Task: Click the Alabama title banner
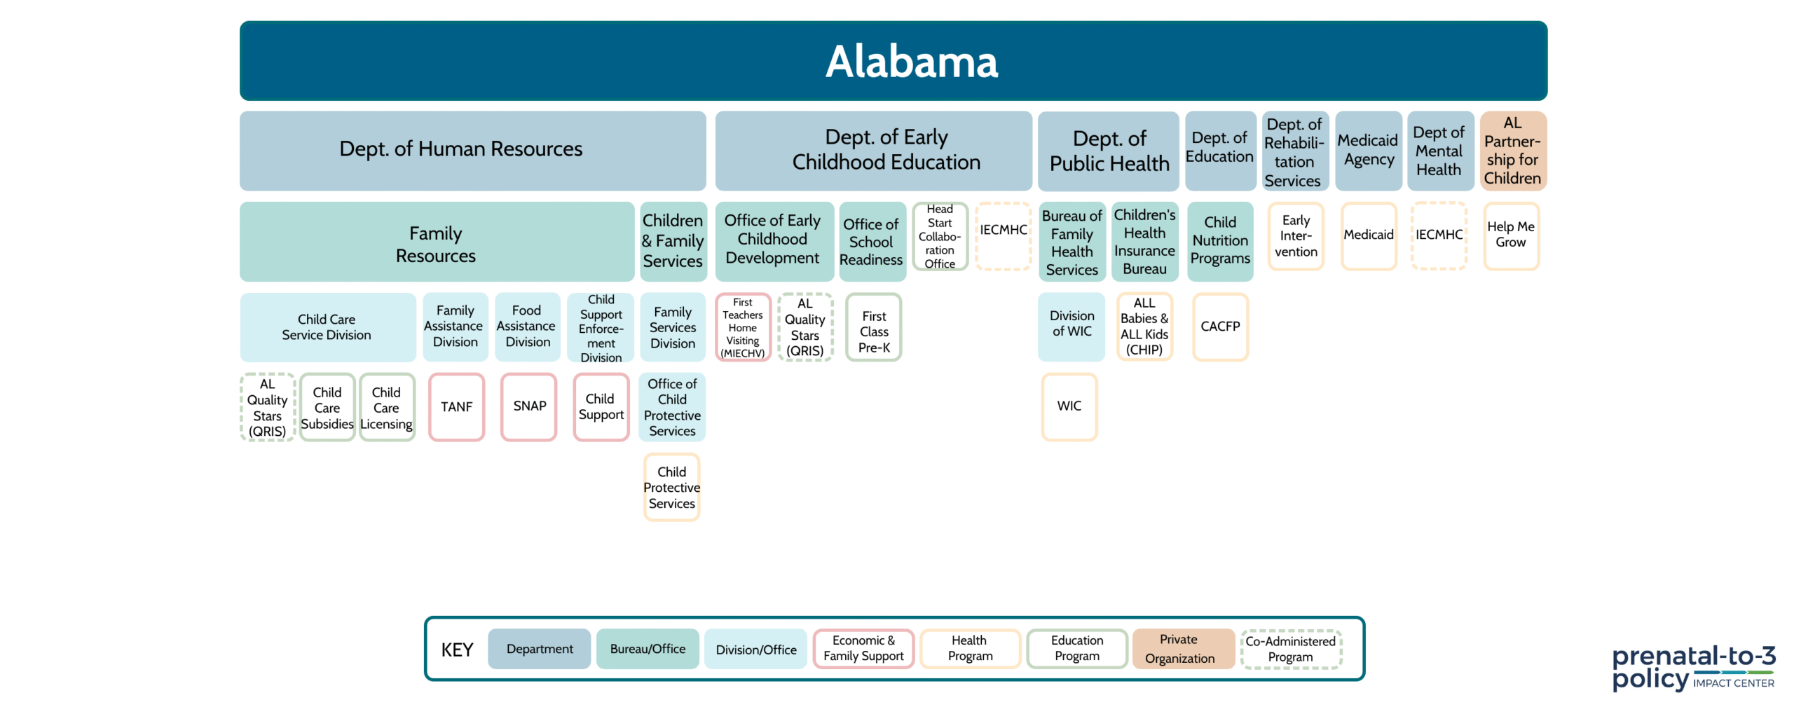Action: click(893, 61)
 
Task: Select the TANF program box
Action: click(456, 407)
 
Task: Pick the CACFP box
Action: click(1220, 327)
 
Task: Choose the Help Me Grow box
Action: click(1511, 235)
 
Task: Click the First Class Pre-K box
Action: click(873, 327)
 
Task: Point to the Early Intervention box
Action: click(1296, 235)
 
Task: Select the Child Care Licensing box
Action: click(387, 407)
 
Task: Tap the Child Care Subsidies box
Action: click(327, 407)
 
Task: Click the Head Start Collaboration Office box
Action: click(940, 236)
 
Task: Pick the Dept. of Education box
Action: click(1220, 151)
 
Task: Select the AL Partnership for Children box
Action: click(1513, 151)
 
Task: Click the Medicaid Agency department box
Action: click(1369, 151)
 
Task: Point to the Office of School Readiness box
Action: click(872, 242)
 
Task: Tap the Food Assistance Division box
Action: click(527, 327)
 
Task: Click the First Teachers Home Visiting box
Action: click(743, 327)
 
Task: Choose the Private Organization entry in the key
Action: click(1182, 649)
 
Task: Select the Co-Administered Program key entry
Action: click(1291, 649)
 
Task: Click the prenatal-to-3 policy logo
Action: click(1693, 668)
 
